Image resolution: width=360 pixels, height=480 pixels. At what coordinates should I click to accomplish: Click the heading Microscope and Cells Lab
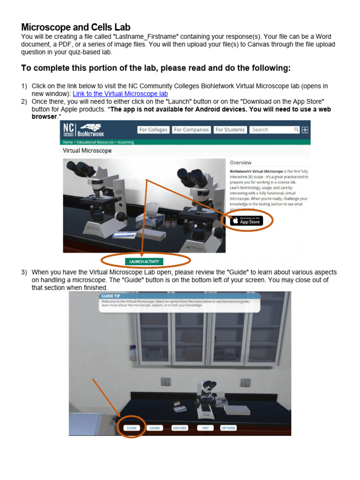click(x=76, y=27)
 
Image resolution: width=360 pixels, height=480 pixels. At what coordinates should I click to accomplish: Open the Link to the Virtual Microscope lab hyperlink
click(x=120, y=94)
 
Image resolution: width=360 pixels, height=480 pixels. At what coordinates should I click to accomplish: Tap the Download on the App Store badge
click(x=247, y=221)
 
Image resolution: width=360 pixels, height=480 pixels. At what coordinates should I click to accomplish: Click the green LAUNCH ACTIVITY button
click(x=144, y=262)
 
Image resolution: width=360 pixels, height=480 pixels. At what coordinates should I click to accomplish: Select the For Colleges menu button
click(x=153, y=130)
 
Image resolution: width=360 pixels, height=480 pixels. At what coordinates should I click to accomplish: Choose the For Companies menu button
click(x=191, y=130)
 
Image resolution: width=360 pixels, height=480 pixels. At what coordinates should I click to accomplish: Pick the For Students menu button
click(x=230, y=130)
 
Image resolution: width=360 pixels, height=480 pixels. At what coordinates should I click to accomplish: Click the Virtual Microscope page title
click(x=87, y=151)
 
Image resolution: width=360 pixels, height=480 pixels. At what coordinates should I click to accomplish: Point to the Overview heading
click(x=240, y=163)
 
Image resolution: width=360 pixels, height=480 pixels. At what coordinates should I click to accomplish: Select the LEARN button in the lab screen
click(x=154, y=428)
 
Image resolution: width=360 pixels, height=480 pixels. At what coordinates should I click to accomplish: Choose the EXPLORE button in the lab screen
click(x=180, y=428)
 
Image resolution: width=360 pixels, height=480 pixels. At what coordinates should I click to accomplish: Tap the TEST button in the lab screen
click(x=205, y=428)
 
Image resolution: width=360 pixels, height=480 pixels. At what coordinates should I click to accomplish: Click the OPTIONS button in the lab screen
click(x=228, y=428)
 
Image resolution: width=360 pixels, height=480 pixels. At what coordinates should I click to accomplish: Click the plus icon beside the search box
click(x=305, y=130)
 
